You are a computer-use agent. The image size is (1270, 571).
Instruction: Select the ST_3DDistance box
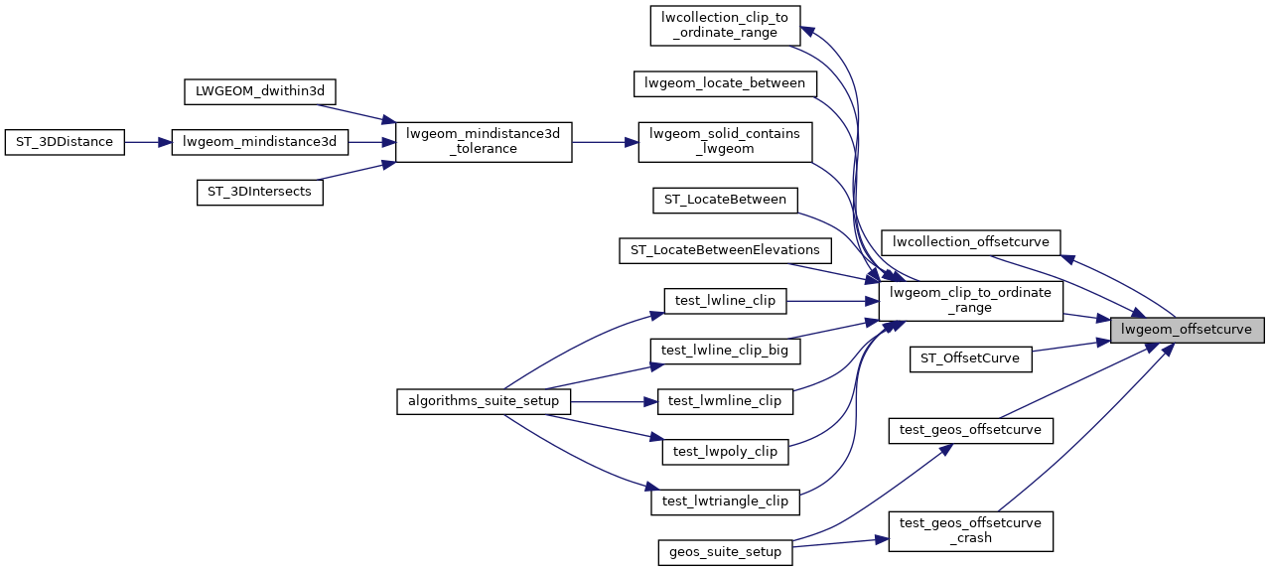(x=65, y=142)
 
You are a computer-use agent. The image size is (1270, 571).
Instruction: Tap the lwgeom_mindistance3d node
(x=260, y=142)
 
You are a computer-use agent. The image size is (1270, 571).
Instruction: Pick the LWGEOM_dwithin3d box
(x=260, y=91)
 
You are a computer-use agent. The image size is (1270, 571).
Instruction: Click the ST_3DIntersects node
(x=260, y=193)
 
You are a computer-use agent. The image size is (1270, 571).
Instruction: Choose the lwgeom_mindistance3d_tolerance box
(x=484, y=142)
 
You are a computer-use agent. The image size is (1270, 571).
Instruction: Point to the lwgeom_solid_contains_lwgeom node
(x=725, y=142)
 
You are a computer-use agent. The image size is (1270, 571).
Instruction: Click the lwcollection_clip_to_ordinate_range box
(x=725, y=25)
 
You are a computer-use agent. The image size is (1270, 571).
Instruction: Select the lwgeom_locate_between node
(x=725, y=83)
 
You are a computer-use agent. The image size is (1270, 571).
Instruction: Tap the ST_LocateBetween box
(x=725, y=200)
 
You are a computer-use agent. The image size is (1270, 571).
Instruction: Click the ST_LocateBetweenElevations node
(x=725, y=249)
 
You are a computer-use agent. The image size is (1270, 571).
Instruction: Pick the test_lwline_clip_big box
(x=725, y=350)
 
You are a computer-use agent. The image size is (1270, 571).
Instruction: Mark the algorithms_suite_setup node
(x=484, y=401)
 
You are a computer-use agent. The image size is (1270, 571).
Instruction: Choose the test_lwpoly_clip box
(x=725, y=451)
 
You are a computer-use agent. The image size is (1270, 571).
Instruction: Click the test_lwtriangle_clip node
(x=725, y=501)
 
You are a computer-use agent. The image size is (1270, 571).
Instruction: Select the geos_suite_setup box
(x=725, y=551)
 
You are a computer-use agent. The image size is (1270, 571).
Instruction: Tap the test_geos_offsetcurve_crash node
(x=970, y=530)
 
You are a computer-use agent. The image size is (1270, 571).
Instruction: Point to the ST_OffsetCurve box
(x=970, y=357)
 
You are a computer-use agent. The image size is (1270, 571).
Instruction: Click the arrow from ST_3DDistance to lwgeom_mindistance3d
(x=148, y=142)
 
